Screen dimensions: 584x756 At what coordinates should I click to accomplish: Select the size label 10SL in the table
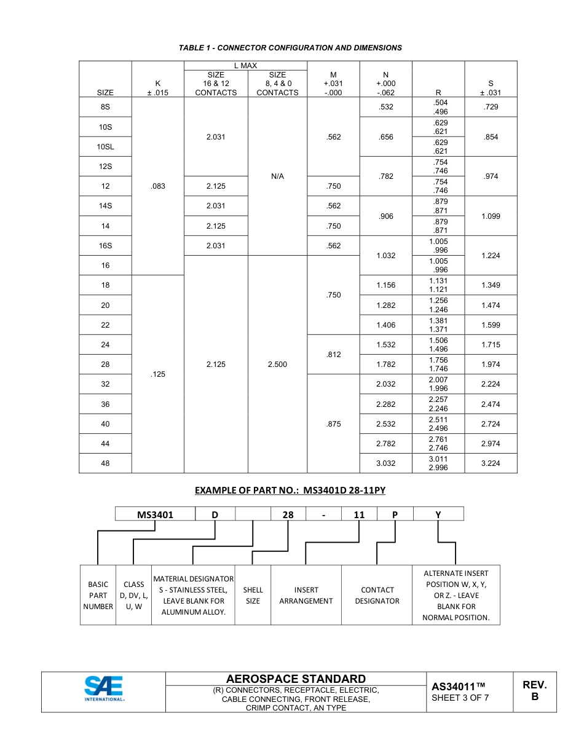coord(105,147)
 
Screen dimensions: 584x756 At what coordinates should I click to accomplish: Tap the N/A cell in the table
coord(277,176)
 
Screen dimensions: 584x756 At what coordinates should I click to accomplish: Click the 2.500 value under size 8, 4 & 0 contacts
coord(277,364)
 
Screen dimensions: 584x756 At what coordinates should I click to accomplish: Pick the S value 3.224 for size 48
coord(491,463)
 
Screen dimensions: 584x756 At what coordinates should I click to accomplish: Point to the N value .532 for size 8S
coord(386,107)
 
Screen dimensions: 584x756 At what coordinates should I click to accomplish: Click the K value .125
coord(158,374)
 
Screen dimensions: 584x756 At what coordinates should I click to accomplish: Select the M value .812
coord(333,355)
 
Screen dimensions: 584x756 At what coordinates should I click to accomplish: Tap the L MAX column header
coord(245,65)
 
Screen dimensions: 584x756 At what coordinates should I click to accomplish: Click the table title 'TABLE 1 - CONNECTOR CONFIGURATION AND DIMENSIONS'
coord(290,48)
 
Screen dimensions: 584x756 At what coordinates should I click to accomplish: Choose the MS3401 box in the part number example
coord(155,515)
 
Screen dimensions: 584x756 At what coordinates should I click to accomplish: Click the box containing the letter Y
coord(438,515)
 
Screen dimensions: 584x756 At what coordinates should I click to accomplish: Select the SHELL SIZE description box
coord(253,596)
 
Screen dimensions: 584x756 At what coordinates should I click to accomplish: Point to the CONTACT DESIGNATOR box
coord(377,596)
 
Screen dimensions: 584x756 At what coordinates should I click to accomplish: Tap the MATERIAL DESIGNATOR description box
coord(193,596)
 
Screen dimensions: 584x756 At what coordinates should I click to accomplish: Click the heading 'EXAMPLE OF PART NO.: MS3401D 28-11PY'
coord(290,490)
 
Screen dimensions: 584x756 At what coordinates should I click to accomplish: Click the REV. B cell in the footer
coord(534,691)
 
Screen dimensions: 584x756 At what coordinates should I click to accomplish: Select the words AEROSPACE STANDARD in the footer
coord(296,679)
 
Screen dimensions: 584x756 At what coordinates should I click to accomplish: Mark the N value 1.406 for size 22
coord(386,325)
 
